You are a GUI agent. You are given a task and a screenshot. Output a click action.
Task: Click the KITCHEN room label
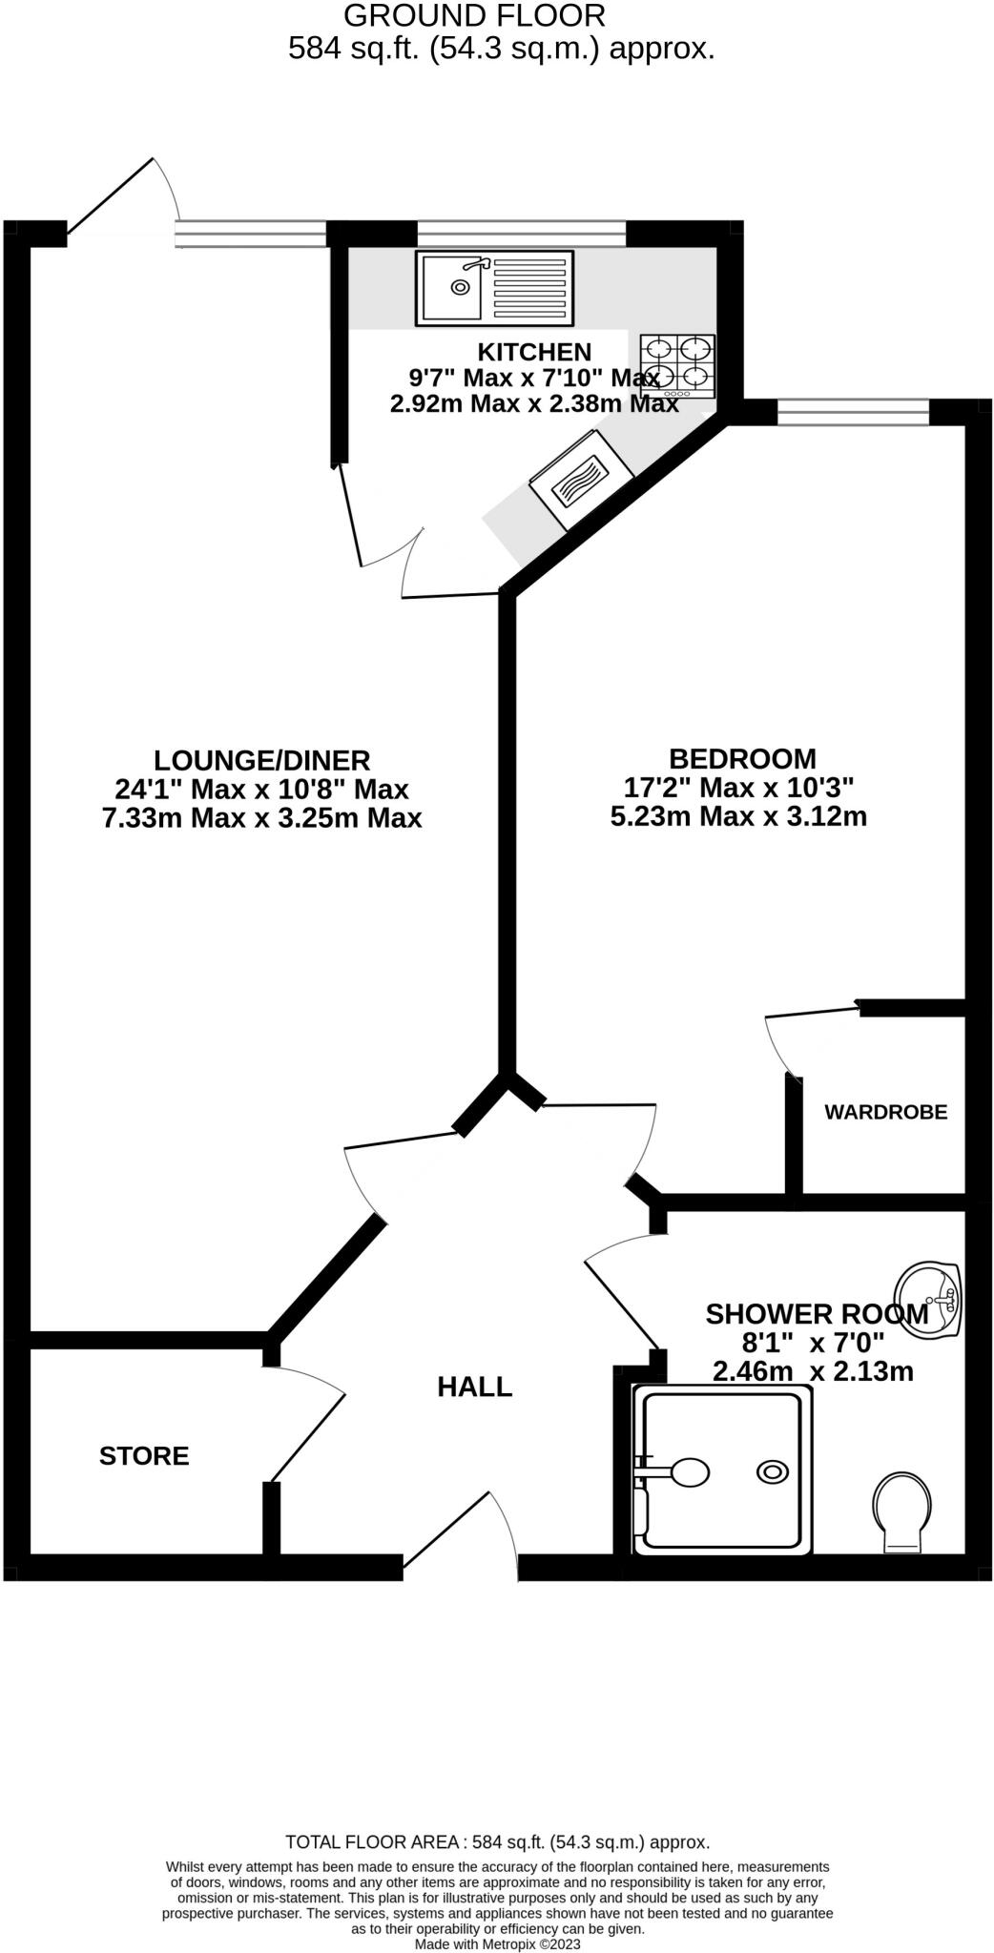tap(534, 351)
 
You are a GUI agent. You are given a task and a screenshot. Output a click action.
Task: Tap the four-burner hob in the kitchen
tap(677, 366)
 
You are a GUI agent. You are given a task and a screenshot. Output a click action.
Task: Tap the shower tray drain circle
tap(772, 1472)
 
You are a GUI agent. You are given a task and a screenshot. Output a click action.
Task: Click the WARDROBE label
tap(885, 1112)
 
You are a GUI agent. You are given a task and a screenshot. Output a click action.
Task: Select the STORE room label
tap(144, 1456)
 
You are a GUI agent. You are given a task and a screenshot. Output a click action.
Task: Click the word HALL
tap(474, 1387)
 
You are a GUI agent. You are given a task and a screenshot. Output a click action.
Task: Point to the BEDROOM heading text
tap(742, 759)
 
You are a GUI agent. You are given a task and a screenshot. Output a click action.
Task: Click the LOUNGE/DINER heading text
tap(261, 760)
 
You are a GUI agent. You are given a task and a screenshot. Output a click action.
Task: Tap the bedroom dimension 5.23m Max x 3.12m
tap(738, 816)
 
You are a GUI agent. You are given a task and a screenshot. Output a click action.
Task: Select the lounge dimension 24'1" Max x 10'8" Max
tap(261, 790)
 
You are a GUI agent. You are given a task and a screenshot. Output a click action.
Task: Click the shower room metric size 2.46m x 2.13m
tap(813, 1371)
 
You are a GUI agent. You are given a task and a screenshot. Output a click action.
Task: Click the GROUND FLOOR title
tap(474, 15)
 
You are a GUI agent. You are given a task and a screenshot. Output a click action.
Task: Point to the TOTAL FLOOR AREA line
tap(497, 1842)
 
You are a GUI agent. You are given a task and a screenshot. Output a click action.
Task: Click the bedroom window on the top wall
tap(853, 412)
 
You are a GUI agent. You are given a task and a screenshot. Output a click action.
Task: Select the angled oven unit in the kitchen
tap(581, 479)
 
